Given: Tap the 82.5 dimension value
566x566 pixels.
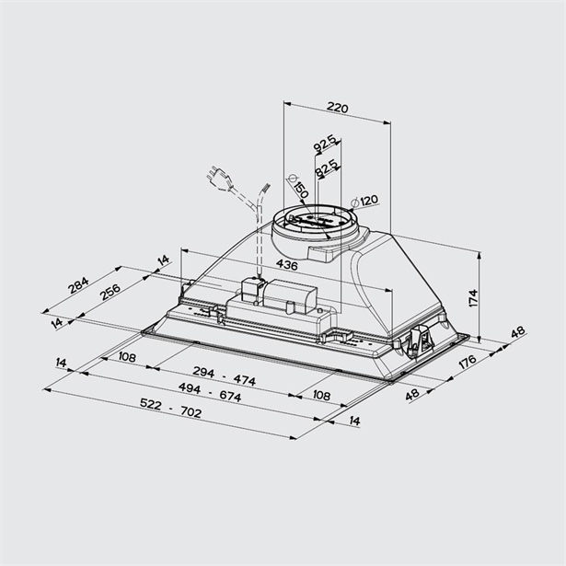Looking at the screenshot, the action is [x=327, y=170].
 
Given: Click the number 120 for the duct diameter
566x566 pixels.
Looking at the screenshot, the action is [x=369, y=201].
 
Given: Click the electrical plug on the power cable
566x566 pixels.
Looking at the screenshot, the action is [x=220, y=176].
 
